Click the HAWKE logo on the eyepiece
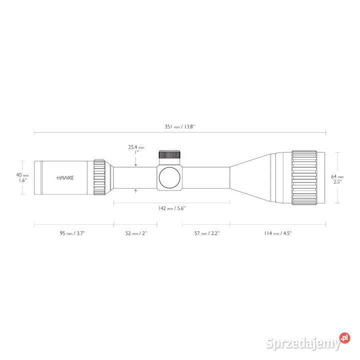(x=65, y=178)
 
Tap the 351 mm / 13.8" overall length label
(x=180, y=126)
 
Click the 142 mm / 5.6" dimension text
(x=171, y=208)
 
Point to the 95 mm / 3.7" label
(x=72, y=233)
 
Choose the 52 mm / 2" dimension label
(x=136, y=233)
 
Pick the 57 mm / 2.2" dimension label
(x=207, y=233)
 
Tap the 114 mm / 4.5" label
(x=278, y=233)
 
